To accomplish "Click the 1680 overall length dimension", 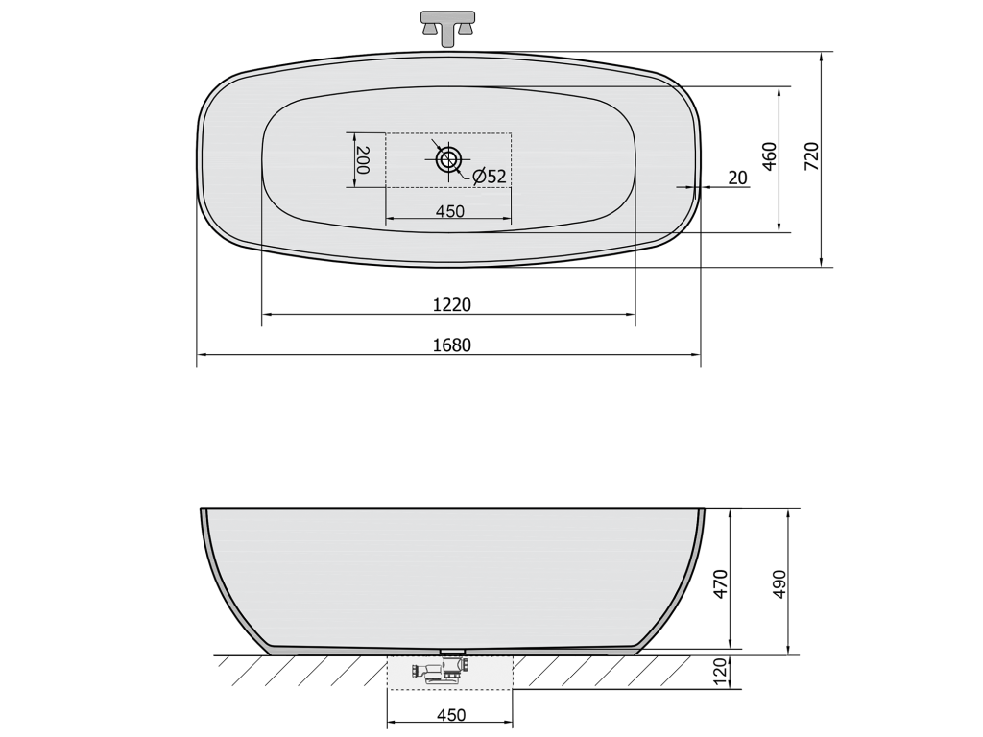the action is pos(451,345).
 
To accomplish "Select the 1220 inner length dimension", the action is pos(451,304).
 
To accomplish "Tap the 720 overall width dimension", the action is pos(812,156).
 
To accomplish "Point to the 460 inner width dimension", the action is pos(770,156).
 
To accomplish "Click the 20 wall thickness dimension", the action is pos(738,178).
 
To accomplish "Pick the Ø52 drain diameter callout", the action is pos(489,177).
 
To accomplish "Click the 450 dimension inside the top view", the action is pos(450,211).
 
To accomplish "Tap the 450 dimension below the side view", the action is pos(451,715).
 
